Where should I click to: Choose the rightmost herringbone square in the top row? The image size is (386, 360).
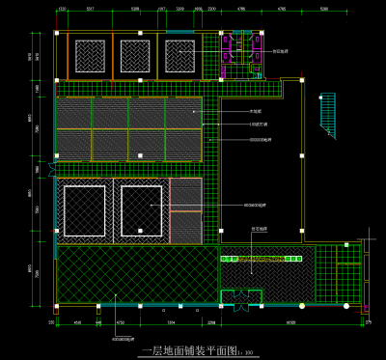(x=180, y=54)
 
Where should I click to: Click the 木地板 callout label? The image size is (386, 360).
(x=255, y=112)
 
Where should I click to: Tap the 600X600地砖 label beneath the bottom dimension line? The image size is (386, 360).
(x=123, y=339)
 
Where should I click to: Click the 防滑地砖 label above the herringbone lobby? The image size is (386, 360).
(x=260, y=229)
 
